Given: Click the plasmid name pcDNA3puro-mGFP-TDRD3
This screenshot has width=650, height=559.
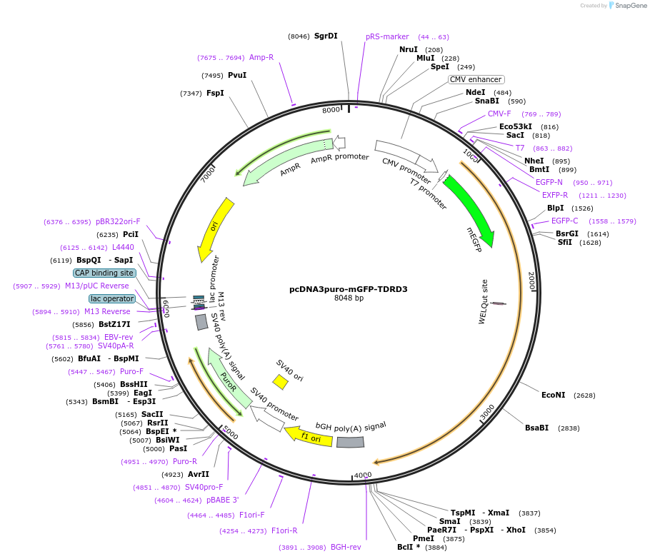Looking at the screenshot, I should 348,289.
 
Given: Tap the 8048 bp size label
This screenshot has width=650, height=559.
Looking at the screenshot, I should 349,298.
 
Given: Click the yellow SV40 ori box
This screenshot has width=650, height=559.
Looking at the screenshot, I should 281,382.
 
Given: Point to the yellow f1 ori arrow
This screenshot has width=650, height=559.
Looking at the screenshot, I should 309,436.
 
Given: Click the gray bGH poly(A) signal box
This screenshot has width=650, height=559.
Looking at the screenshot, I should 350,443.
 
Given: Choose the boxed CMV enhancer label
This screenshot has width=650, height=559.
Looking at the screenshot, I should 476,79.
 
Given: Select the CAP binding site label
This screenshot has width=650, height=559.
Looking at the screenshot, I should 104,273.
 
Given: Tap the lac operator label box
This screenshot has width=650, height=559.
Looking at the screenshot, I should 111,298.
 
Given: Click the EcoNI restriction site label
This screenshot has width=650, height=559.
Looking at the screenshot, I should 553,395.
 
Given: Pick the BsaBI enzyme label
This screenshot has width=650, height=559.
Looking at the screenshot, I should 537,428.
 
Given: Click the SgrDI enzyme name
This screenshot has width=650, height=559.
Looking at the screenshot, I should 326,36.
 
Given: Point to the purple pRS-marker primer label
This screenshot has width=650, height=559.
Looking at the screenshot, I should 387,36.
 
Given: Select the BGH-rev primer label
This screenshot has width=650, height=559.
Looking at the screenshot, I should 346,548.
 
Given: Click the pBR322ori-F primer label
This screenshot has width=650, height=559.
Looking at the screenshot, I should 119,221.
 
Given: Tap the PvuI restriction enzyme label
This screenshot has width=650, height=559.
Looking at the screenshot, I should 237,75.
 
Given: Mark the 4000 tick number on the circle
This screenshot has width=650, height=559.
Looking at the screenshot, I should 363,475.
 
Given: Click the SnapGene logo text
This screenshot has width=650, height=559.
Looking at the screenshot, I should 631,6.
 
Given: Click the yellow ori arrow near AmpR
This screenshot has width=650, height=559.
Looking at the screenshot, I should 215,228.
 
